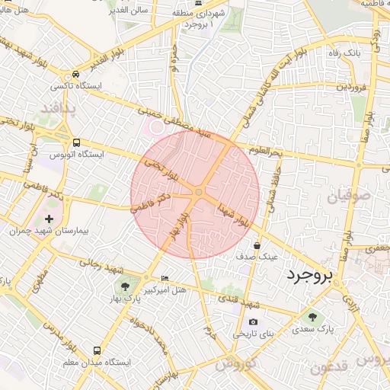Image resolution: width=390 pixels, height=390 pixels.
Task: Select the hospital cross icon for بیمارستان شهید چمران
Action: [x=50, y=219]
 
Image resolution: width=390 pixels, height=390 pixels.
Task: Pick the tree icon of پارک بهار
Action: [x=124, y=286]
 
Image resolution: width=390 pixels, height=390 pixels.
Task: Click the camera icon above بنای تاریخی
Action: [x=253, y=322]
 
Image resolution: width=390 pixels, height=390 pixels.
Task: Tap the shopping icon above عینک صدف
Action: [x=257, y=246]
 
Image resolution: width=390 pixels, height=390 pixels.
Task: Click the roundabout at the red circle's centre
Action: [x=198, y=193]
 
